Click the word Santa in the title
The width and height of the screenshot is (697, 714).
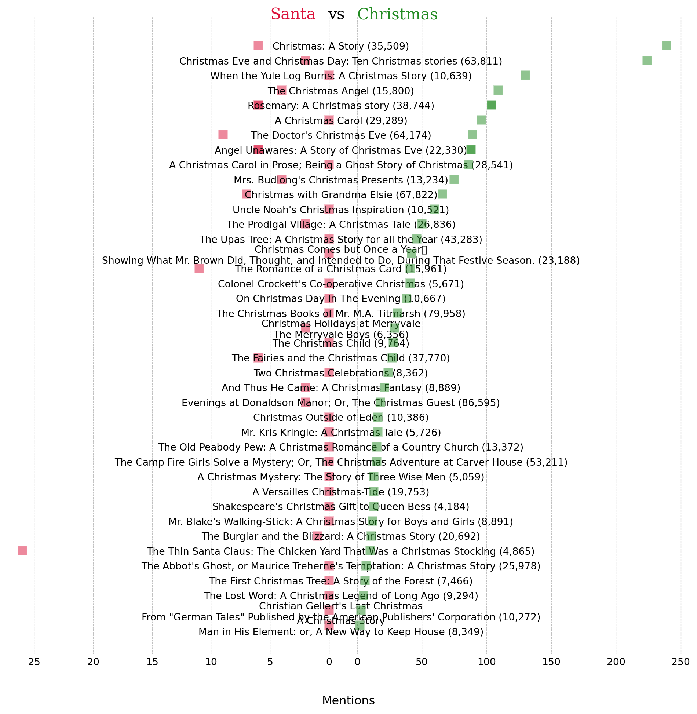[x=293, y=14]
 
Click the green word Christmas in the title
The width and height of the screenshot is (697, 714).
[x=397, y=14]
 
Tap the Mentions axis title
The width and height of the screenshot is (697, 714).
[x=348, y=700]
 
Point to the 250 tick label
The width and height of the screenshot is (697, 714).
[x=681, y=662]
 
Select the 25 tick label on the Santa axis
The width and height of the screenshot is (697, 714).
[x=34, y=662]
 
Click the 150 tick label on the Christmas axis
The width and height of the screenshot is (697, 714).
[x=551, y=662]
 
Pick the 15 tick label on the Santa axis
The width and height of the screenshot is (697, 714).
[x=152, y=662]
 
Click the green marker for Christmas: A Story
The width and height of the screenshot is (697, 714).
[x=666, y=45]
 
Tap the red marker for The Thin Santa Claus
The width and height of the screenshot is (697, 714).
[x=22, y=551]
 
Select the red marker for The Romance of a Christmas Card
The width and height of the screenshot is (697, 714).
[x=199, y=269]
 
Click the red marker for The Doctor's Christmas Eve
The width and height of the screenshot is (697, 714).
[x=223, y=135]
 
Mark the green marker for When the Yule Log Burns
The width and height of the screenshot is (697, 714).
[x=525, y=75]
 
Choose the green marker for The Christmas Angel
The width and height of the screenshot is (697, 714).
[x=498, y=90]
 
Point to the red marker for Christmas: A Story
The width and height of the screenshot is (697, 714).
[x=258, y=45]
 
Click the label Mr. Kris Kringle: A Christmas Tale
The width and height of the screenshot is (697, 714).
[x=341, y=433]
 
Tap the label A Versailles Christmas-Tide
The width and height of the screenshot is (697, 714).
[x=340, y=492]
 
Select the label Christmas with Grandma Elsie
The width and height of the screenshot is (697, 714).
[x=341, y=194]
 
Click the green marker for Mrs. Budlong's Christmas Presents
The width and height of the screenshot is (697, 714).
[x=454, y=179]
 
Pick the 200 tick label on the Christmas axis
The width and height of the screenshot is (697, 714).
[x=616, y=662]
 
